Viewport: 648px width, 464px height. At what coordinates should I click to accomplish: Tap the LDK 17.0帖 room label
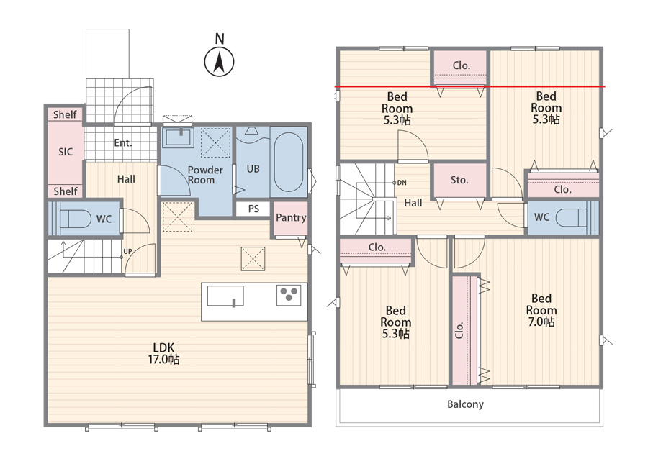coord(163,353)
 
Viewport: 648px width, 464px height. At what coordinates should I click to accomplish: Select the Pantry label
coord(291,217)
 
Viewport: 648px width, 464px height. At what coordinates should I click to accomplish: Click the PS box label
coord(253,209)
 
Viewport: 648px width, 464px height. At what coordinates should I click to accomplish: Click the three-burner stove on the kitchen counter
coord(289,295)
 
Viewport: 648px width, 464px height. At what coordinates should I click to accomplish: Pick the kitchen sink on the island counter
coord(225,296)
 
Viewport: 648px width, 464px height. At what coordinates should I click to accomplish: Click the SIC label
coord(66,152)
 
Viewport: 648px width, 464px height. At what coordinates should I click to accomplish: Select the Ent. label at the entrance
coord(123,143)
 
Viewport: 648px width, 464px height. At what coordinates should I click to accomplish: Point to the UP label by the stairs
coord(127,251)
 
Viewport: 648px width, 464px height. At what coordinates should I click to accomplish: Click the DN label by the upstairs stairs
coord(402,183)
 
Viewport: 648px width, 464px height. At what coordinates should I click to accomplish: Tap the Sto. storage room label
coord(459,180)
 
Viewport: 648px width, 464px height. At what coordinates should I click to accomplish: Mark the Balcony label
coord(465,404)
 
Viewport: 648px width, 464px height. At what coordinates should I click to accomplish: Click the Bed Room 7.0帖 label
coord(541,310)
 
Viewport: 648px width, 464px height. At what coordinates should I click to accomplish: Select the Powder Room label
coord(205,175)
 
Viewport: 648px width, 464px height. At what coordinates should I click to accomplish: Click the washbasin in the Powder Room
coord(178,137)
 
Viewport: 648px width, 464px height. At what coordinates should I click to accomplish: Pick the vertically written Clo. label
coord(459,330)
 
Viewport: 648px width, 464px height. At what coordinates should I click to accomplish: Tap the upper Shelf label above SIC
coord(65,114)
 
